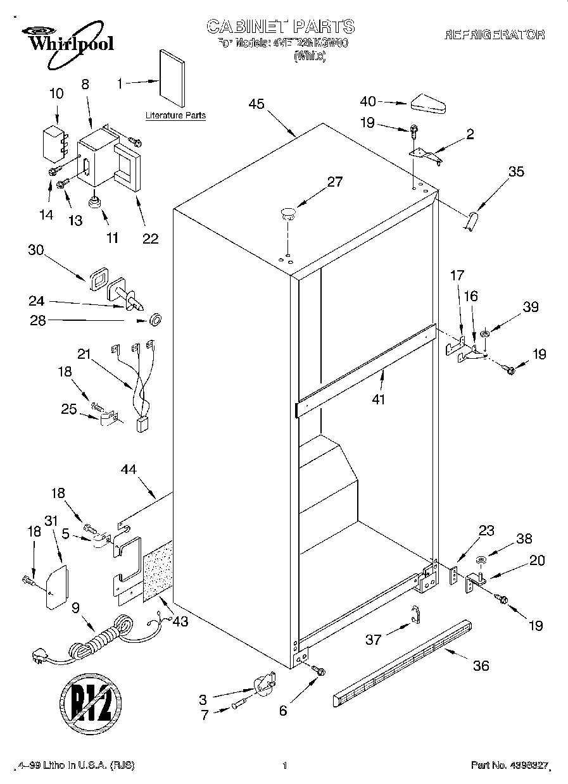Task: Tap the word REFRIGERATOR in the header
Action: click(494, 35)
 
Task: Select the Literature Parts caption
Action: click(175, 116)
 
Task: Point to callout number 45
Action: click(256, 104)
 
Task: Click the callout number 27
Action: click(334, 182)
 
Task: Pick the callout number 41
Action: click(379, 399)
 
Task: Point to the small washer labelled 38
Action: click(481, 559)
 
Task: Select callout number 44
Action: click(129, 469)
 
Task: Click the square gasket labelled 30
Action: click(98, 279)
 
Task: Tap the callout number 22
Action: click(150, 239)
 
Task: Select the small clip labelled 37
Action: click(415, 613)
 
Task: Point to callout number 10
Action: click(56, 94)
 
